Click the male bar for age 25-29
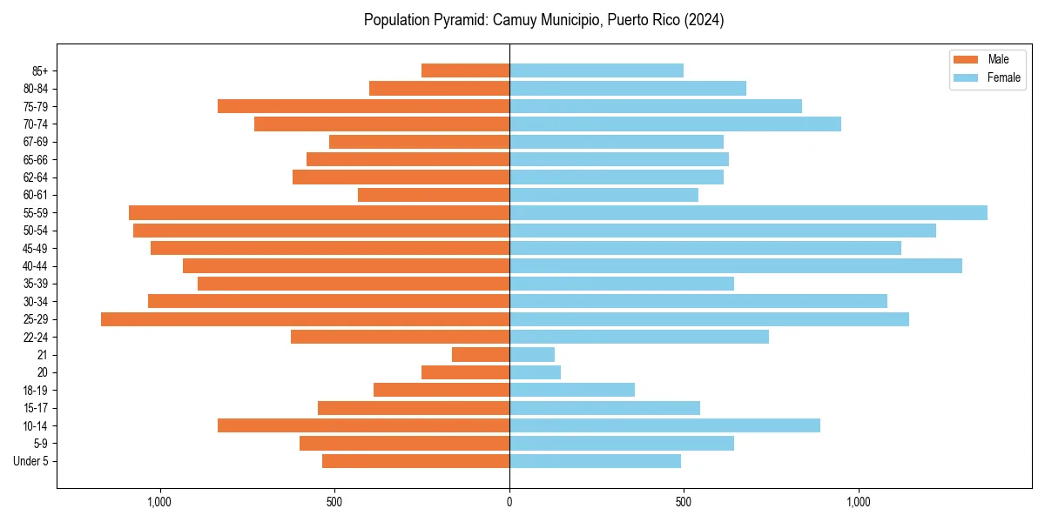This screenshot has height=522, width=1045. point(305,319)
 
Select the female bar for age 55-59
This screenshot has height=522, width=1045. point(748,212)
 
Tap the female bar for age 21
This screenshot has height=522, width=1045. point(532,355)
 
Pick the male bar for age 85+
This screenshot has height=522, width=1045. point(465,70)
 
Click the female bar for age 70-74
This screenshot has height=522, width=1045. point(675,124)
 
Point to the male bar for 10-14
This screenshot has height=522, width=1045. point(363,425)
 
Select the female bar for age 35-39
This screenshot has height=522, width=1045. point(622,284)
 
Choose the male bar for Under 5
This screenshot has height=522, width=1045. point(415,461)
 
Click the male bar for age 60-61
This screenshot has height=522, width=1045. point(434,195)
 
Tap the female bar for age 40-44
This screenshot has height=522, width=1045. point(736,265)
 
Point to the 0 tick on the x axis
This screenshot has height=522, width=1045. point(509,502)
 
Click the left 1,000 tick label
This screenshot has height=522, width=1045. point(160,502)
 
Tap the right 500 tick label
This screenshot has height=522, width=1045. point(684,502)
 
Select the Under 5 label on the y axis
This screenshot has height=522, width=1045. point(30,461)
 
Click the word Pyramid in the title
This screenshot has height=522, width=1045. point(463,20)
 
